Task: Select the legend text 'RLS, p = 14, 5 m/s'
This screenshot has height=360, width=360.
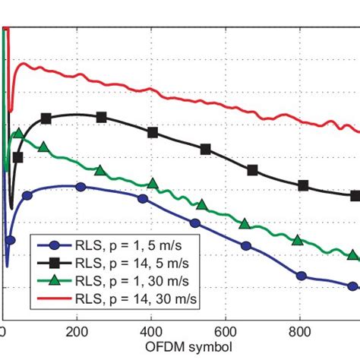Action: click(138, 263)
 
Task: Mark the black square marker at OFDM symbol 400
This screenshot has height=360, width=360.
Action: click(153, 132)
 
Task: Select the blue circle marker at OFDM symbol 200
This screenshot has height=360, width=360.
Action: click(81, 187)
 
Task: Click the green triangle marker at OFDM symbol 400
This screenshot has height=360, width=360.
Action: click(153, 183)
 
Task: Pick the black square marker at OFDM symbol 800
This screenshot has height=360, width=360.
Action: click(304, 185)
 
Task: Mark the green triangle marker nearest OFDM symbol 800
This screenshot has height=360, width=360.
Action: click(298, 241)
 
